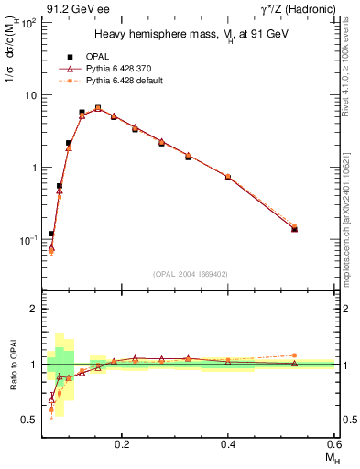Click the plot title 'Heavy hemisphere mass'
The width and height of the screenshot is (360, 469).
point(191,34)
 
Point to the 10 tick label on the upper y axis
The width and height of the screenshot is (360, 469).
point(29,95)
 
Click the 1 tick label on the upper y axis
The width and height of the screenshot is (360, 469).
point(33,168)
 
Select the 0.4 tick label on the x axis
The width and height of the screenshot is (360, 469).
point(228,443)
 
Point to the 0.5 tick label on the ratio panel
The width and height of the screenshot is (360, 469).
point(29,420)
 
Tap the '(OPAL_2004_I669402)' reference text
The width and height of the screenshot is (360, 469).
point(191,274)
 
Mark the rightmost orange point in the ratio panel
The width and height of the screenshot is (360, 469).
point(294,355)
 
